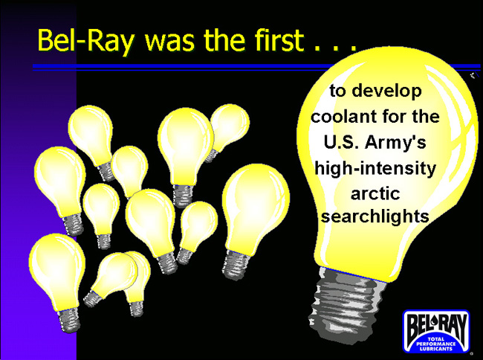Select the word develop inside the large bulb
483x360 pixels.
point(386,91)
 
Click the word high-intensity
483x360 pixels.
point(375,169)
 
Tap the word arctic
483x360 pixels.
point(375,194)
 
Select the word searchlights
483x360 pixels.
point(375,216)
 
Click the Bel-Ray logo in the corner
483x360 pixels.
point(436,331)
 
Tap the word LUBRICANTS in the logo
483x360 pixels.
point(436,349)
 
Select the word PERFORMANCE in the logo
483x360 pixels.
point(436,344)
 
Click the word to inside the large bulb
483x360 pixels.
point(337,91)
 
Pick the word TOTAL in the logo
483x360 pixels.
point(436,339)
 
